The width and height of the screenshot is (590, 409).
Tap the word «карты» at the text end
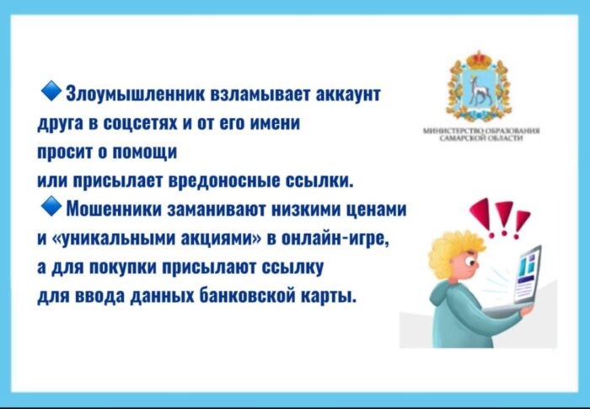point(331,298)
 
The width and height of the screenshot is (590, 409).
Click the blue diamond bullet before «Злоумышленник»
point(50,89)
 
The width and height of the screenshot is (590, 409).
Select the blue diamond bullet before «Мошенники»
point(50,206)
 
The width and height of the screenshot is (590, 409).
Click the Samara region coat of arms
point(484,88)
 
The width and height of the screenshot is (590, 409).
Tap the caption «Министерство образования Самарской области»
point(485,135)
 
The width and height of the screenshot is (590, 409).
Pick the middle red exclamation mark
point(505,218)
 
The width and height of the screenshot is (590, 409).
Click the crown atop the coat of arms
point(484,57)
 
